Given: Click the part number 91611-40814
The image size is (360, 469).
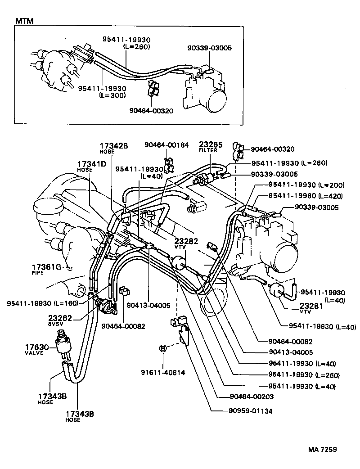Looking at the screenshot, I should [x=162, y=373].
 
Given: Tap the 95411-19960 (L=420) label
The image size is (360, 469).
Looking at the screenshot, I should [x=306, y=196].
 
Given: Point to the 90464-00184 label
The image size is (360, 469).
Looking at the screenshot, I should [x=166, y=144].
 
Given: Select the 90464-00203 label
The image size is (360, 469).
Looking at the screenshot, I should [x=245, y=397].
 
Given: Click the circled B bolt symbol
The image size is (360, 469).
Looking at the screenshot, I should [x=162, y=348].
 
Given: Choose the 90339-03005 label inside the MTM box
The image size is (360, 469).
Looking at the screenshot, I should [x=210, y=48].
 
